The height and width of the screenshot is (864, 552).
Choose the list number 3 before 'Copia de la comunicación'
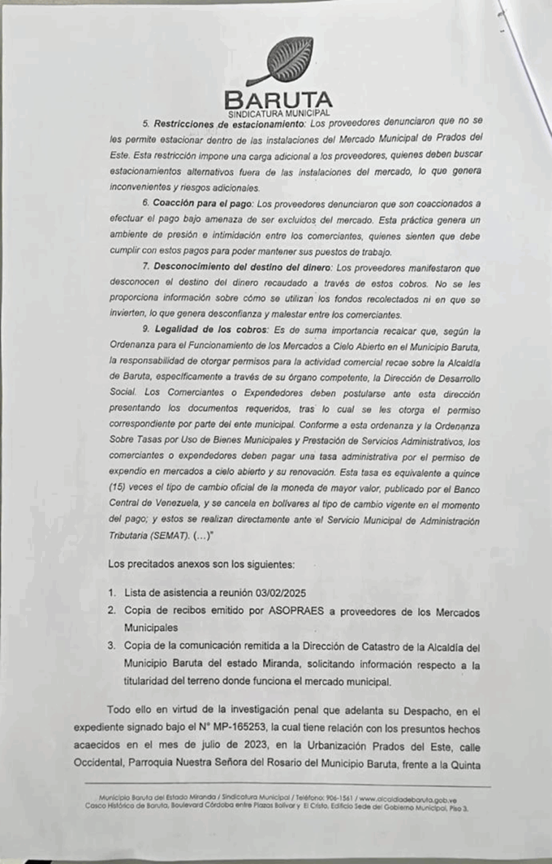click(x=111, y=645)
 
